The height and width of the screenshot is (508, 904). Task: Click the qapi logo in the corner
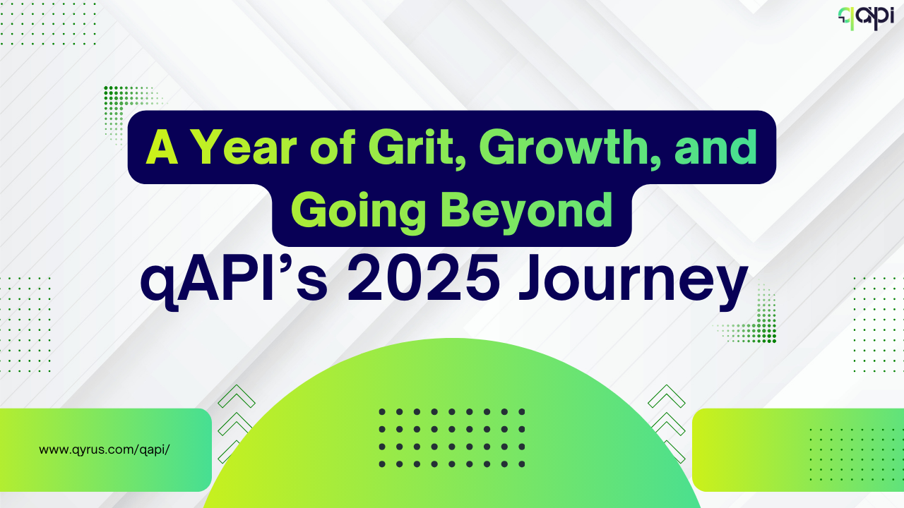pyautogui.click(x=866, y=18)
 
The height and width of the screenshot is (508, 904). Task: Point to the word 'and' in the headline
pyautogui.click(x=716, y=147)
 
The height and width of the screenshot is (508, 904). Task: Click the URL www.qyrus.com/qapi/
pyautogui.click(x=104, y=449)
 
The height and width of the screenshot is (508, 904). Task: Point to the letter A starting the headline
pyautogui.click(x=162, y=147)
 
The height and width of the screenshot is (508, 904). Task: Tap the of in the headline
pyautogui.click(x=333, y=147)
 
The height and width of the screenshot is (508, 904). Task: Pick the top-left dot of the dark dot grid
pyautogui.click(x=382, y=411)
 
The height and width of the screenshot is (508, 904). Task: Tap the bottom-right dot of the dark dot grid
pyautogui.click(x=521, y=464)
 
